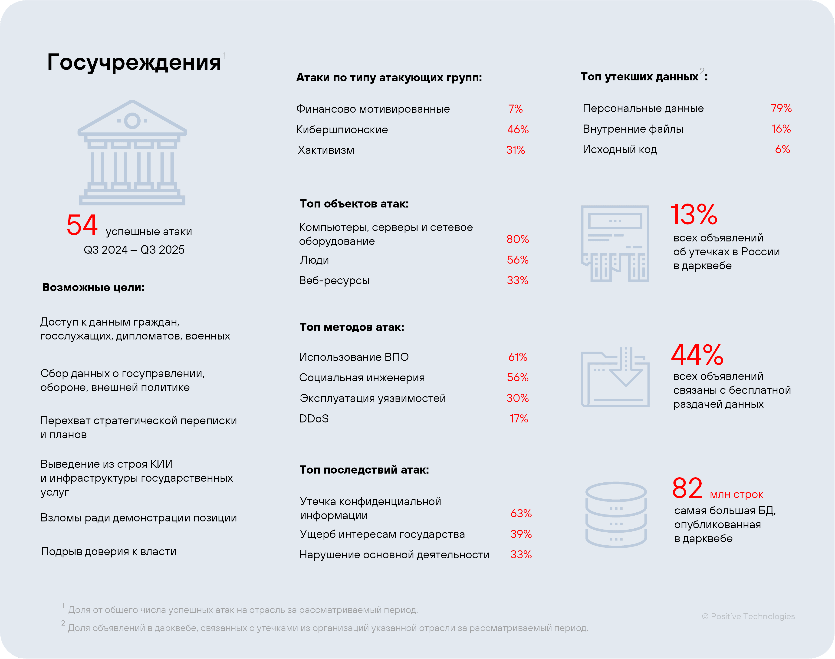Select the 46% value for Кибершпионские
click(x=518, y=130)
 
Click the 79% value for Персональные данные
click(x=781, y=109)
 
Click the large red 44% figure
click(x=697, y=355)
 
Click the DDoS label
click(x=314, y=419)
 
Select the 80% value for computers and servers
click(x=518, y=239)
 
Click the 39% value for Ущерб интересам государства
click(x=521, y=534)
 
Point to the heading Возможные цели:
click(x=93, y=287)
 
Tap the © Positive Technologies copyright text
click(x=748, y=616)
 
